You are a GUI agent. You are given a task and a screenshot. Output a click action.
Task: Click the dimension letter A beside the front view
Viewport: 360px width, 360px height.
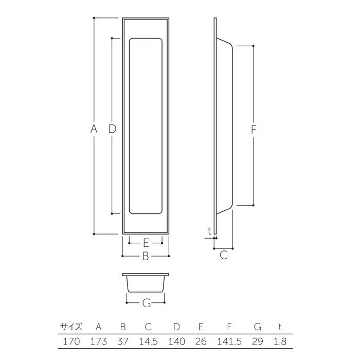[94, 129]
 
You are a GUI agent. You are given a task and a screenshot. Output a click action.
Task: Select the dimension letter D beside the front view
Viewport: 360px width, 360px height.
[112, 129]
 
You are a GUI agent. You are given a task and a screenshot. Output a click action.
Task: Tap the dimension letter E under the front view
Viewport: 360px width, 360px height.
[146, 243]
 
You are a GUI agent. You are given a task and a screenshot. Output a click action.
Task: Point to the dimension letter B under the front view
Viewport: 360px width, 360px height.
[146, 256]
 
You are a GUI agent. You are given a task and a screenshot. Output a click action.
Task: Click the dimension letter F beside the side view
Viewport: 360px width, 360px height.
[253, 130]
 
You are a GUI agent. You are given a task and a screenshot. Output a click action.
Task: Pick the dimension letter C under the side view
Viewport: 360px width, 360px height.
[224, 255]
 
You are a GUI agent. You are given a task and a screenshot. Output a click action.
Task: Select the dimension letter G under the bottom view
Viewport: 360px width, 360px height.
[147, 303]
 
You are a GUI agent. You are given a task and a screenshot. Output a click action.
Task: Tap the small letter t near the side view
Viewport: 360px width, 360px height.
[209, 231]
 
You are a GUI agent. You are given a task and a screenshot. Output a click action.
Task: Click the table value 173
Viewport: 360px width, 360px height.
[99, 341]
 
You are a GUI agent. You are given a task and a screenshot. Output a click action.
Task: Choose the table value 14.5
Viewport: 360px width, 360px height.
[148, 341]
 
